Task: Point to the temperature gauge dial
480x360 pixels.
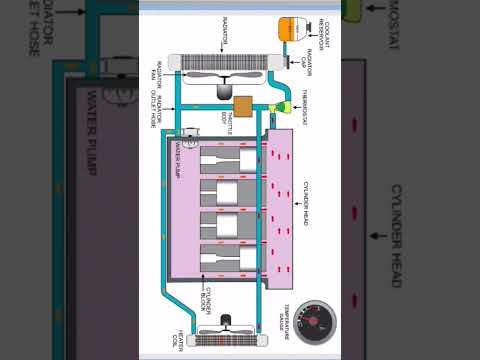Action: point(317,322)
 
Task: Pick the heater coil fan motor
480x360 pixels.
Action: point(225,323)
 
